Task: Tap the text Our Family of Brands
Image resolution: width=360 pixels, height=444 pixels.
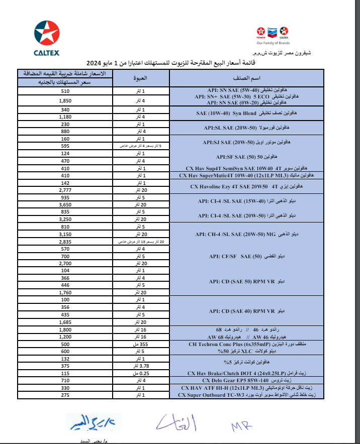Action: (x=272, y=43)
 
